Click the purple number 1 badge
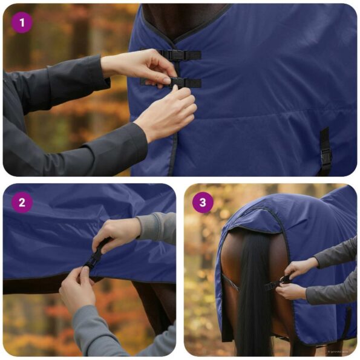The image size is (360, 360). [22, 22]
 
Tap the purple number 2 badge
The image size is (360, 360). [22, 203]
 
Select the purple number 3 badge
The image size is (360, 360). [203, 203]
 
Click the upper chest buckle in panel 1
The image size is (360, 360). [178, 55]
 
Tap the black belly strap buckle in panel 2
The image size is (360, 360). [94, 258]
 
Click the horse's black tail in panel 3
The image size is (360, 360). [254, 290]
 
